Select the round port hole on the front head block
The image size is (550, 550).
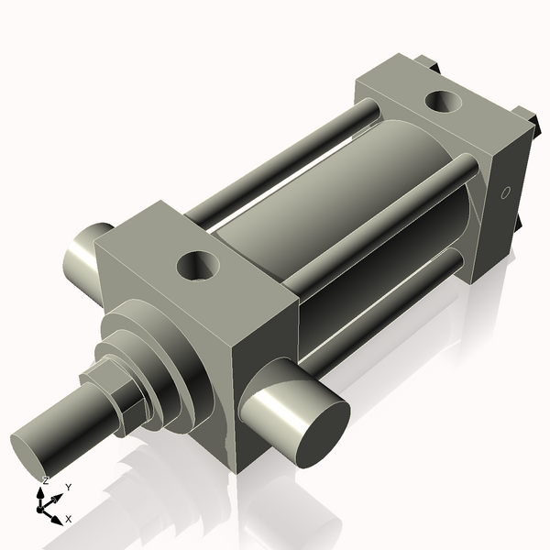(x=199, y=267)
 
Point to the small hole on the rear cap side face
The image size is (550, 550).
(x=503, y=193)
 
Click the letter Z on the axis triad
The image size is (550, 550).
(x=45, y=480)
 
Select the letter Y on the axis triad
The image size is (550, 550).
(x=68, y=488)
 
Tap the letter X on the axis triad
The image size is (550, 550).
(x=68, y=519)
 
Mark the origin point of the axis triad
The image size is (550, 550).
(x=43, y=504)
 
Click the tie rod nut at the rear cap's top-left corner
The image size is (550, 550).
(x=424, y=62)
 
